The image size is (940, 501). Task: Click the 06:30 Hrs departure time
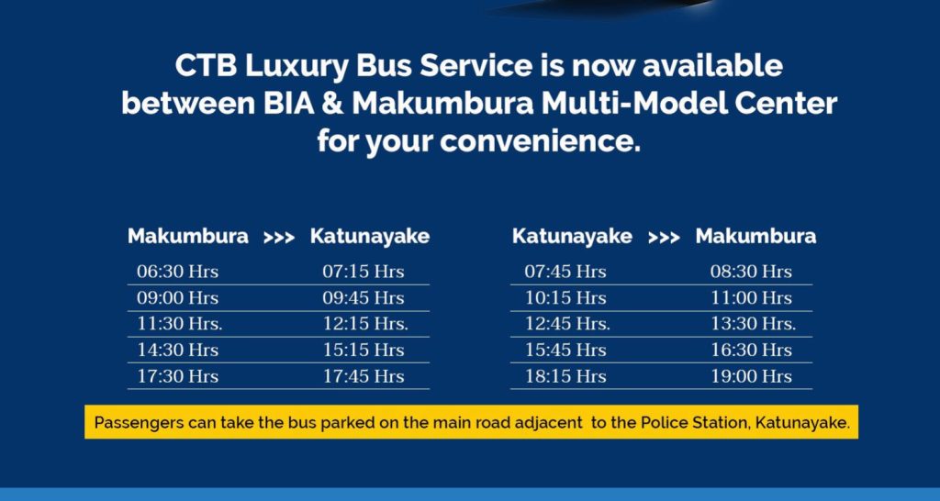[x=177, y=273]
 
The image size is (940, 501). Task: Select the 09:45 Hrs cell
[x=364, y=298]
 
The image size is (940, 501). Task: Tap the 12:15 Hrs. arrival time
[x=365, y=324]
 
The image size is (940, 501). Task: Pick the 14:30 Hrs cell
[x=177, y=350]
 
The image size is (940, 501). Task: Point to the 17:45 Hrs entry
[x=364, y=376]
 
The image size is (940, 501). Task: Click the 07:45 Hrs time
[x=565, y=273]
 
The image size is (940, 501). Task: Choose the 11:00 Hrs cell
[x=751, y=298]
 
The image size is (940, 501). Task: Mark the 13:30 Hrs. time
[x=753, y=324]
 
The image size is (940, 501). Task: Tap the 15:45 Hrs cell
[x=565, y=350]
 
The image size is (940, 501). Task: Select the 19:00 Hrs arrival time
[x=751, y=376]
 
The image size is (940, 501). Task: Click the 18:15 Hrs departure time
[x=565, y=376]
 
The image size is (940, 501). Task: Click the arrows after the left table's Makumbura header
[x=279, y=238]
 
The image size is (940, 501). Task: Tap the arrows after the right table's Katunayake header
[x=665, y=238]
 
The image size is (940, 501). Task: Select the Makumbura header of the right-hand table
[x=755, y=236]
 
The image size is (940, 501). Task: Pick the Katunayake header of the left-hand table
[x=370, y=237]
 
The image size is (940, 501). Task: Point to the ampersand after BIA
[x=330, y=104]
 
